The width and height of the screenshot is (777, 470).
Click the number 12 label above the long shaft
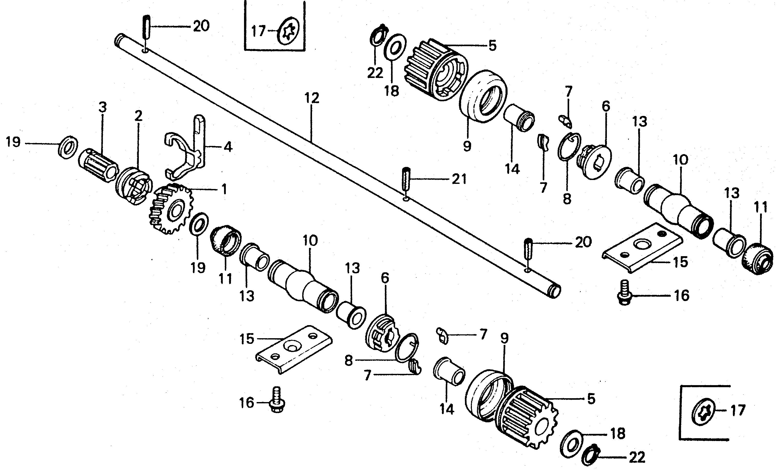pyautogui.click(x=312, y=98)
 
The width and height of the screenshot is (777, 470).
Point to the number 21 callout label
pyautogui.click(x=459, y=179)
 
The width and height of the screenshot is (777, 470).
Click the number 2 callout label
pyautogui.click(x=138, y=116)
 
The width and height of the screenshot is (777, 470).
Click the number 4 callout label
pyautogui.click(x=228, y=147)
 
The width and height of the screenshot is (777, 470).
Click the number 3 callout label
pyautogui.click(x=102, y=107)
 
